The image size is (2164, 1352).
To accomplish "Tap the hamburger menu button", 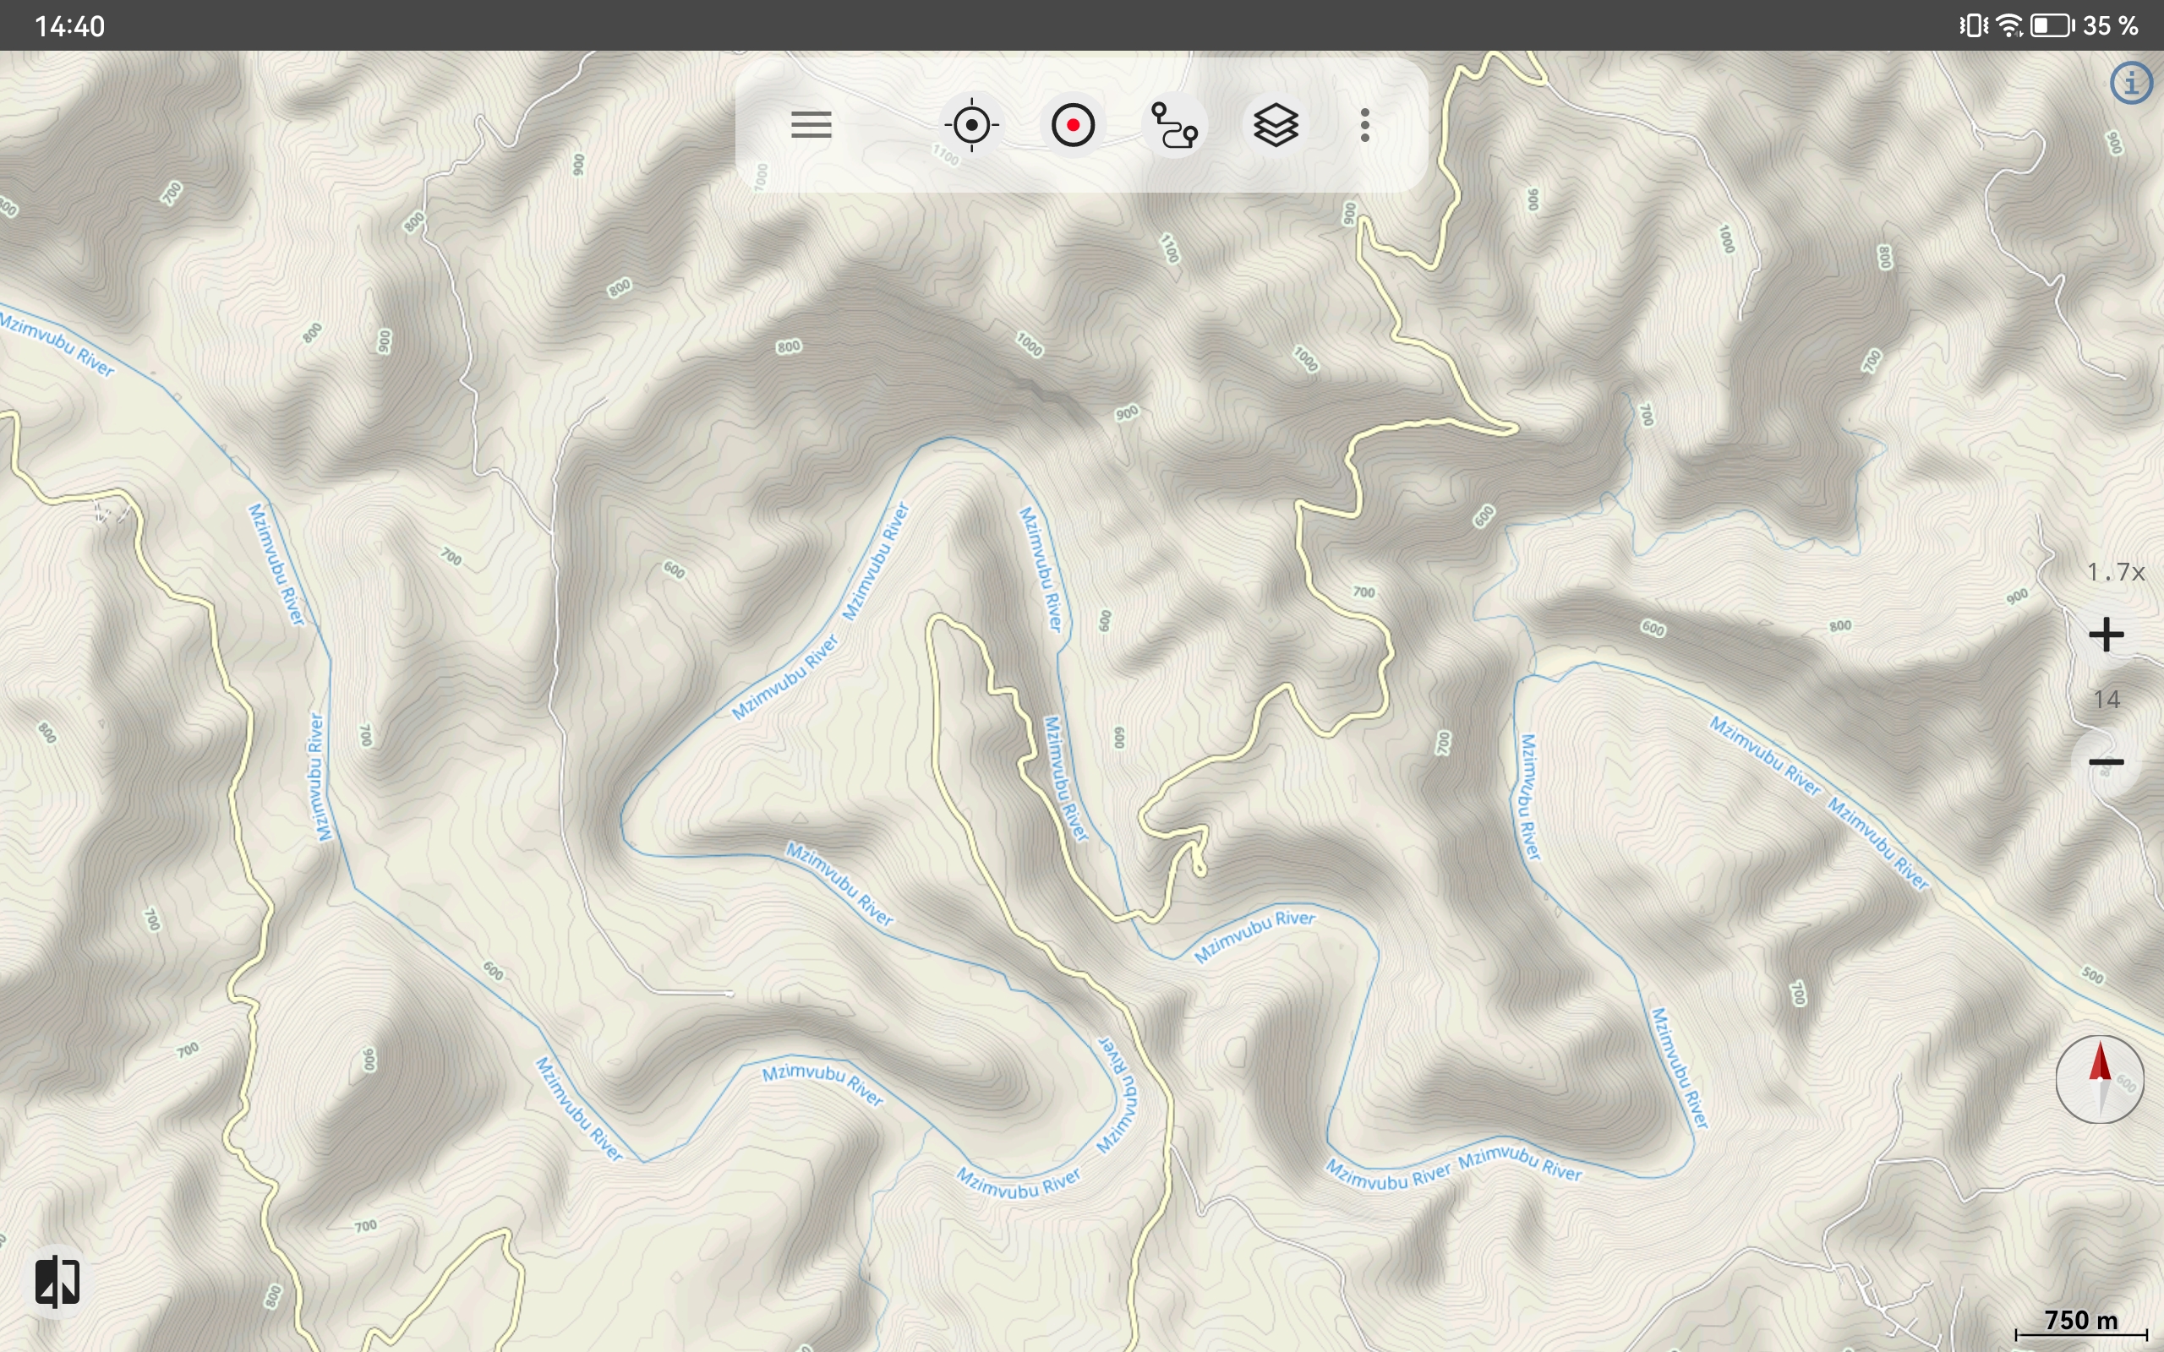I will (811, 125).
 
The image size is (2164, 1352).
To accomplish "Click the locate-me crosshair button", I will (972, 125).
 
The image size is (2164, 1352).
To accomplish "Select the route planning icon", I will (1174, 125).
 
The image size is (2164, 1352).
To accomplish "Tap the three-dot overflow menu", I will (1365, 125).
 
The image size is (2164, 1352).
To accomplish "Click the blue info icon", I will (2132, 84).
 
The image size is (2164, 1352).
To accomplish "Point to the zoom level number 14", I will (2107, 700).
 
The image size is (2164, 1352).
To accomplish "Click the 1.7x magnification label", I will (2116, 572).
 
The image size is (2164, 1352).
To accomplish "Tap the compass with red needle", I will (2100, 1079).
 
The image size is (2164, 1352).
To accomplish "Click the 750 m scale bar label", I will (2082, 1321).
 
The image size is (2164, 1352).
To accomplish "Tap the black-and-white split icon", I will (57, 1281).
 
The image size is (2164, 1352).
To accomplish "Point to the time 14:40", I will (70, 26).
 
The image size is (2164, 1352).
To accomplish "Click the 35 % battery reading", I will (2112, 26).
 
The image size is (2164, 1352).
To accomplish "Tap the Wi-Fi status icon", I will (2010, 26).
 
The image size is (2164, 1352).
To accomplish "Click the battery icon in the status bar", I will (2052, 26).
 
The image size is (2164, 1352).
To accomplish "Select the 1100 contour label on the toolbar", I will (945, 156).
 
